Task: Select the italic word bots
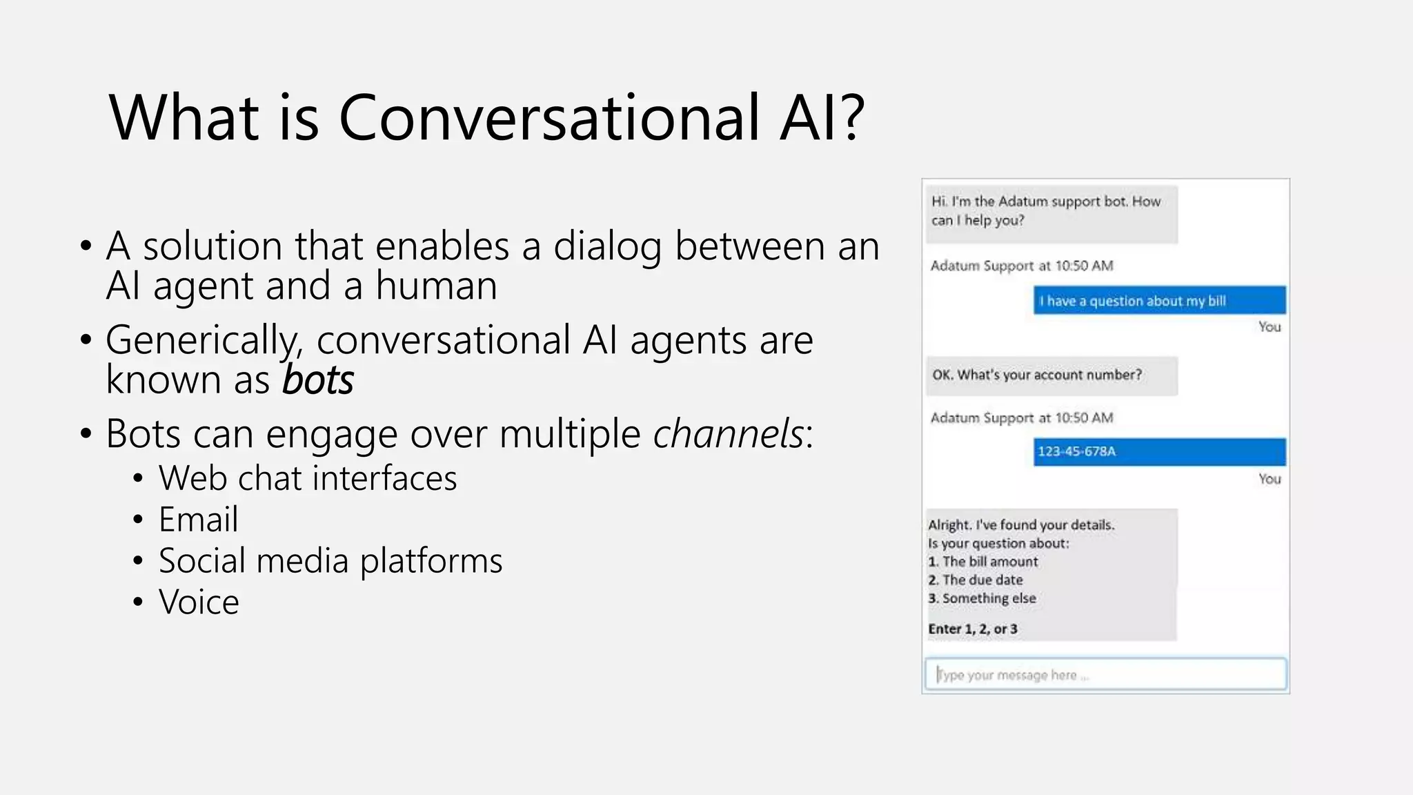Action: (317, 380)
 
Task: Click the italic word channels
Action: (728, 434)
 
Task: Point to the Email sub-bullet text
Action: (198, 520)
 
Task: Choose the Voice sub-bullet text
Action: (199, 602)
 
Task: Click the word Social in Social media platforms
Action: (201, 560)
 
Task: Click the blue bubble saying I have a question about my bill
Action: (1159, 301)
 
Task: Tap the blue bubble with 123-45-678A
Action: (1159, 452)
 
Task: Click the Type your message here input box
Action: (1105, 675)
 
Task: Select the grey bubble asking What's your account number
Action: (1051, 375)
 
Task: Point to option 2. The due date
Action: (976, 580)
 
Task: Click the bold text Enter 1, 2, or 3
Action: (973, 629)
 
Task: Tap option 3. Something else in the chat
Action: (982, 598)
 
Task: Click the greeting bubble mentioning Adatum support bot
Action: (1051, 211)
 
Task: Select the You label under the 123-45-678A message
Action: (1269, 479)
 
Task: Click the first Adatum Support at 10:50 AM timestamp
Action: (1021, 266)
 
